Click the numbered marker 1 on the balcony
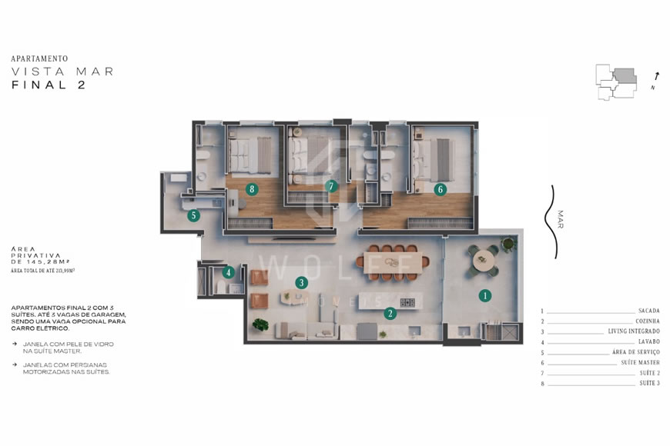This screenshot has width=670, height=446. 484,294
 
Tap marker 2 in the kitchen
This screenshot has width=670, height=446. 390,313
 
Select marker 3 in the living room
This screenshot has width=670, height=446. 301,282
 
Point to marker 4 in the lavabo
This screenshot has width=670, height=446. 228,271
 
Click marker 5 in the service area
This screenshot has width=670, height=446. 194,215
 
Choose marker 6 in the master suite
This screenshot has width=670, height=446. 440,188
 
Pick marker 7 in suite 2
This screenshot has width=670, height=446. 331,185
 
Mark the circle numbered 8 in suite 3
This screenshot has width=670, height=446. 251,188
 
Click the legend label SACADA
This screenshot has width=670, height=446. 648,311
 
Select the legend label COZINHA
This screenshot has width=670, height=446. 647,321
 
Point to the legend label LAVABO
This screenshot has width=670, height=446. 648,341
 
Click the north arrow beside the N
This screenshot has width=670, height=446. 656,76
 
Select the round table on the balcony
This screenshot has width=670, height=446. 485,258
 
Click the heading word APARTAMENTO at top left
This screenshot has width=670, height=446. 40,58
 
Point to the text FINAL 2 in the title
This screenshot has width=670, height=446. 48,85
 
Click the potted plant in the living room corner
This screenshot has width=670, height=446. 261,325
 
